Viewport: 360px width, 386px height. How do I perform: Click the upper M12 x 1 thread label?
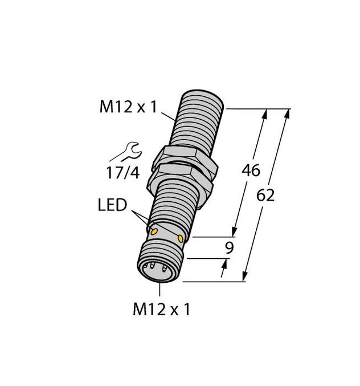tap(128, 107)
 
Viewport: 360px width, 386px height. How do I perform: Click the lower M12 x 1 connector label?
tap(162, 309)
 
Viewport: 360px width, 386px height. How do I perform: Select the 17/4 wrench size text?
tap(123, 173)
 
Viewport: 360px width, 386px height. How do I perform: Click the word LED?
tap(112, 205)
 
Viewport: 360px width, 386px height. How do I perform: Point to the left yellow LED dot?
tap(154, 231)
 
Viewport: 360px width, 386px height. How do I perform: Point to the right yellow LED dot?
tap(181, 238)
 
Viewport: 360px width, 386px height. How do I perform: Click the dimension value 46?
tap(251, 170)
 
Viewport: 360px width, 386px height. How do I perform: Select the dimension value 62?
tap(265, 196)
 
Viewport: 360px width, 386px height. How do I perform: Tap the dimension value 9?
tap(230, 248)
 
